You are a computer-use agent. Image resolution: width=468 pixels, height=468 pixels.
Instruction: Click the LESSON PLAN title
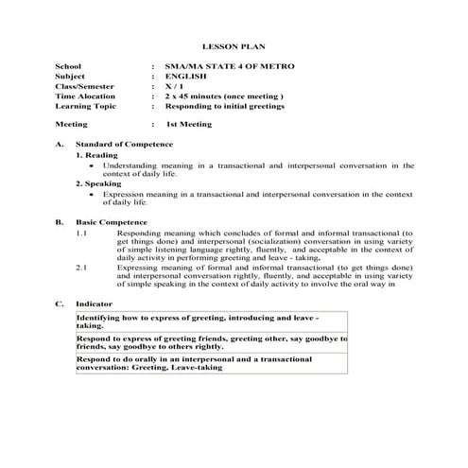(x=233, y=44)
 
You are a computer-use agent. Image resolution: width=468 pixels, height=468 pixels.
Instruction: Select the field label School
(x=68, y=65)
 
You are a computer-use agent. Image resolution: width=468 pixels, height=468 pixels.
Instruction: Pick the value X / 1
(x=173, y=86)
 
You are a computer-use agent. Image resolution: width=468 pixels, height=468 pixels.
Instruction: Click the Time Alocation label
(x=85, y=96)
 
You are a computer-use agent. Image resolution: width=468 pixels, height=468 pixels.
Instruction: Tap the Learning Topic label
(x=85, y=107)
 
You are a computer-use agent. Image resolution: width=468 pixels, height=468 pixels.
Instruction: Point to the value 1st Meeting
(x=189, y=124)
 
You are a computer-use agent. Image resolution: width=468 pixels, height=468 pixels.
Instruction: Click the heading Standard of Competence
(x=124, y=144)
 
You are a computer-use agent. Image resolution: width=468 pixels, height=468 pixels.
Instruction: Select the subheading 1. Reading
(x=96, y=154)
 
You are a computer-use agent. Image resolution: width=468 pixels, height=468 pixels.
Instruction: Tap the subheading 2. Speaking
(x=98, y=184)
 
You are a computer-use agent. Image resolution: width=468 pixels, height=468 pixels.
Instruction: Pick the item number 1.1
(x=81, y=233)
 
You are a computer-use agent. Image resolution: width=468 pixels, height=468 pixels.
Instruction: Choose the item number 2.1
(x=81, y=269)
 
